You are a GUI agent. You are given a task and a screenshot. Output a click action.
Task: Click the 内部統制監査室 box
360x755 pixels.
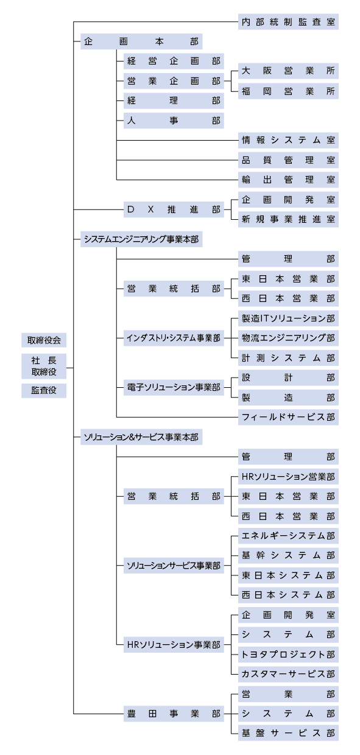pyautogui.click(x=288, y=23)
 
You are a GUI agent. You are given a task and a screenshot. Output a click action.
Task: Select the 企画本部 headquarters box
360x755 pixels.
pyautogui.click(x=141, y=42)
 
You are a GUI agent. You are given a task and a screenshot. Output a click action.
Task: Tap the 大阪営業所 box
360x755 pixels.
pyautogui.click(x=288, y=71)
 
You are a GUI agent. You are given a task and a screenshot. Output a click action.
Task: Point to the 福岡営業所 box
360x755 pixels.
pyautogui.click(x=288, y=91)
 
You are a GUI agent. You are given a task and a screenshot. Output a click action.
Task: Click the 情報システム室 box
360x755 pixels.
pyautogui.click(x=288, y=140)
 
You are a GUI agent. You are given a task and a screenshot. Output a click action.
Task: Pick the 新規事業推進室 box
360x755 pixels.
pyautogui.click(x=288, y=219)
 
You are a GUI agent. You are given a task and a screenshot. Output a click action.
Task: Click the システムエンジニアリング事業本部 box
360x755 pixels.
pyautogui.click(x=141, y=239)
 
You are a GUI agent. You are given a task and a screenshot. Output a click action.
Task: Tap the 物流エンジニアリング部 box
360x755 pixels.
pyautogui.click(x=288, y=337)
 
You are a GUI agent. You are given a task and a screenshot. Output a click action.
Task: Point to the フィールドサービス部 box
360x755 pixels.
pyautogui.click(x=288, y=417)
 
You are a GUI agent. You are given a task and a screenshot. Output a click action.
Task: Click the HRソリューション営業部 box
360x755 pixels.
pyautogui.click(x=288, y=476)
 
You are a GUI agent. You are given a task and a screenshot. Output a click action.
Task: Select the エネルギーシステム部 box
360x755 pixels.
pyautogui.click(x=288, y=536)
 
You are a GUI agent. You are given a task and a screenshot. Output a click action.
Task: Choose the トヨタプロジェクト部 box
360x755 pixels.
pyautogui.click(x=288, y=654)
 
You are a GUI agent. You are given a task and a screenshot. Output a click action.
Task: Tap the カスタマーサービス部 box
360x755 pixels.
pyautogui.click(x=288, y=674)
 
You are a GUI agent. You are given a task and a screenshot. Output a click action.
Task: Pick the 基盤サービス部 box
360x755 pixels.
pyautogui.click(x=288, y=733)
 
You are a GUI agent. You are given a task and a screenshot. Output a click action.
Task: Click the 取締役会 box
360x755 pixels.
pyautogui.click(x=43, y=340)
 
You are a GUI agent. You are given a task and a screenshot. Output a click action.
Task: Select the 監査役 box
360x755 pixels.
pyautogui.click(x=43, y=390)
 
